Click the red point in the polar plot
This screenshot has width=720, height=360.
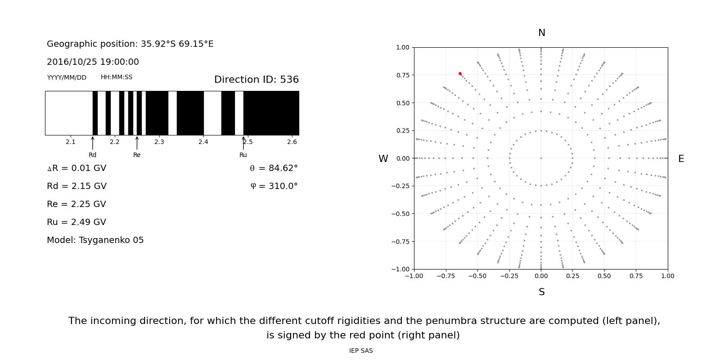click(x=460, y=74)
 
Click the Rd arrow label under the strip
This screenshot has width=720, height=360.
click(x=92, y=155)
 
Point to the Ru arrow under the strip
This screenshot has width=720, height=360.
click(x=243, y=143)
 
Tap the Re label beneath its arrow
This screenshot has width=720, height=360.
click(x=137, y=155)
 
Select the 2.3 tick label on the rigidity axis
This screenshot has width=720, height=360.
click(x=159, y=142)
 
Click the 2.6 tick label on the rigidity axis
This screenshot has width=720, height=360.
click(x=292, y=142)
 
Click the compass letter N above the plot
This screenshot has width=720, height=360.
click(x=541, y=33)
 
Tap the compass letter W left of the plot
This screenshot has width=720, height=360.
click(x=383, y=159)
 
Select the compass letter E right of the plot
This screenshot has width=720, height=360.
click(x=681, y=159)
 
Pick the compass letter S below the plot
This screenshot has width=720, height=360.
click(x=541, y=292)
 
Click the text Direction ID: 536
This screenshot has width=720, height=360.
click(x=256, y=80)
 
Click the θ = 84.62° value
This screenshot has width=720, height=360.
click(x=274, y=168)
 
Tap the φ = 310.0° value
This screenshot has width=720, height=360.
click(x=274, y=186)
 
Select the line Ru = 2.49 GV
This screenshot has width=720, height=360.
click(x=76, y=222)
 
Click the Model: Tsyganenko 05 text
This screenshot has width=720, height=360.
click(x=95, y=240)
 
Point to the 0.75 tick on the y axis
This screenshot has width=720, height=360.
click(x=403, y=75)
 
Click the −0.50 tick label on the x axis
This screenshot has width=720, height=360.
click(x=477, y=276)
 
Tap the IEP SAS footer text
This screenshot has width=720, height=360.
click(x=361, y=351)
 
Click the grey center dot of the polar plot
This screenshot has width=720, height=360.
click(x=541, y=158)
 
